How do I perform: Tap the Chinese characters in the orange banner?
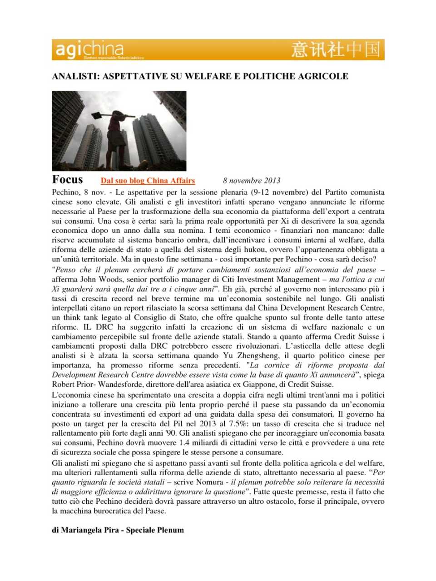336,49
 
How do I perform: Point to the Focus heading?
68,180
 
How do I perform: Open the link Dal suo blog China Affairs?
148,181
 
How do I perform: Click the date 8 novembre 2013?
252,181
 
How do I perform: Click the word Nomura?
209,482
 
